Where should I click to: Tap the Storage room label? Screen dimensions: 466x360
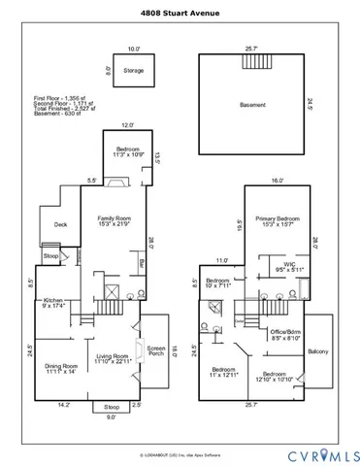click(x=133, y=70)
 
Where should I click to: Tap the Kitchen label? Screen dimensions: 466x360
click(x=55, y=303)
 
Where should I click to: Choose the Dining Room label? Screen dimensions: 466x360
click(x=60, y=366)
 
